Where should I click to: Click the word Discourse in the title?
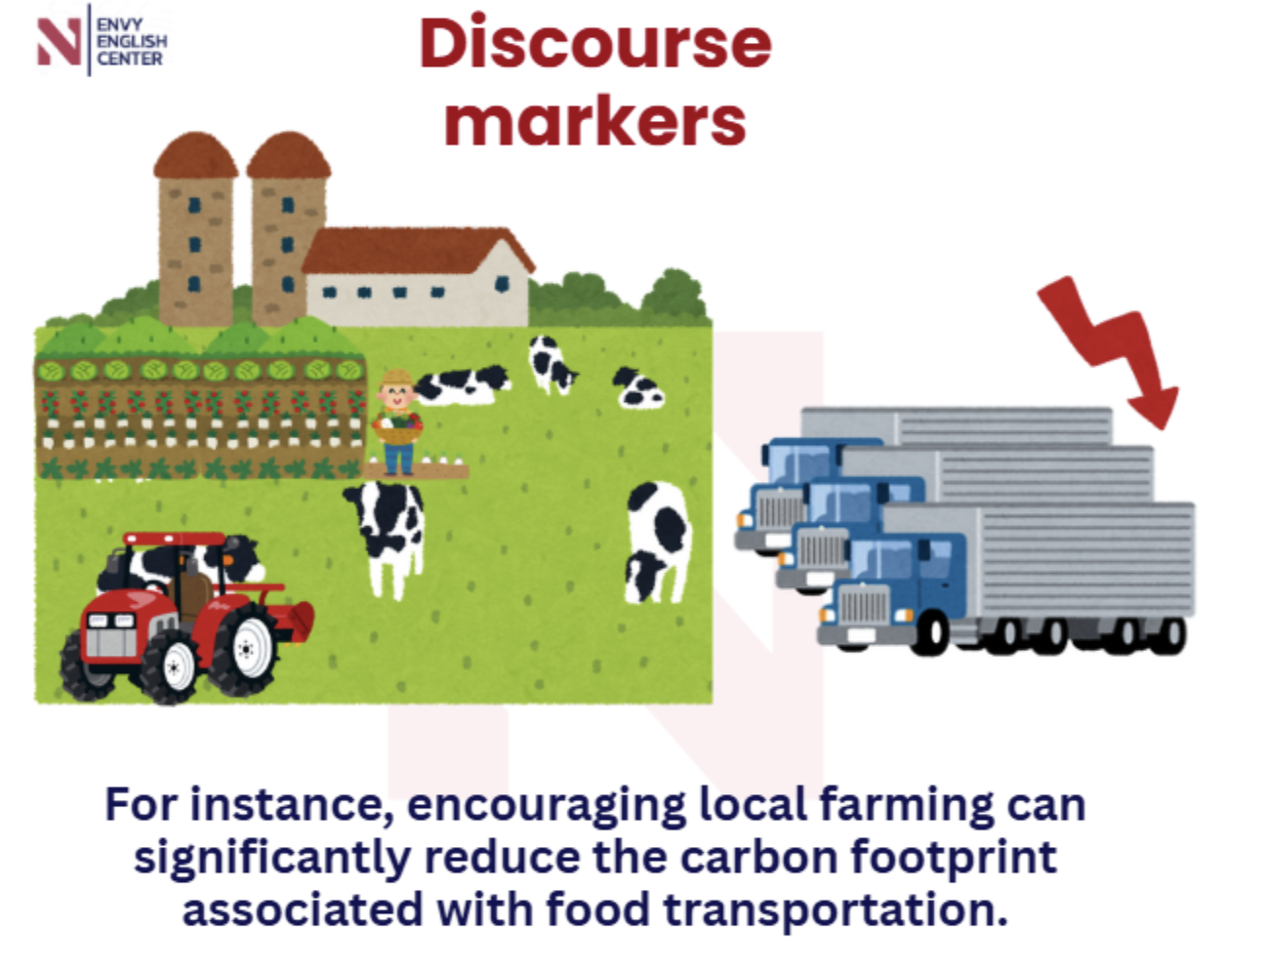tap(595, 43)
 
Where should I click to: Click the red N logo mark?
tap(59, 41)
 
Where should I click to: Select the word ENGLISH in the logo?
tap(132, 42)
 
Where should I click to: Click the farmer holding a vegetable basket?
tap(397, 422)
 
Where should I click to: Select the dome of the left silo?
tap(195, 154)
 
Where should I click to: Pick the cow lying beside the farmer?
tap(462, 383)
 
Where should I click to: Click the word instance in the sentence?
tap(292, 805)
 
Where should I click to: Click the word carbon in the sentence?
tap(758, 858)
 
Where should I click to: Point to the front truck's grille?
tap(864, 604)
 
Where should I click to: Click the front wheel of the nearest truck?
tap(930, 633)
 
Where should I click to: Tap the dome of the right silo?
tap(289, 154)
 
